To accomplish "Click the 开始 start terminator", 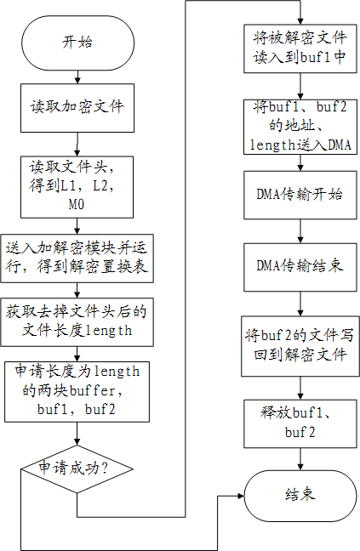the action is (77, 43).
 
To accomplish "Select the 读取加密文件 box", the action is (77, 108).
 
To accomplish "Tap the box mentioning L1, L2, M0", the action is (77, 187).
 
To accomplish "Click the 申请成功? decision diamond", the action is (77, 469).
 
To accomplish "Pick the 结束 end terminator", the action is (300, 496).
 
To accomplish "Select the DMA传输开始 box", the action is (300, 195).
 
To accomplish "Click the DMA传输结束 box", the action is (300, 267).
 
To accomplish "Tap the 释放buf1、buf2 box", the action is (300, 423).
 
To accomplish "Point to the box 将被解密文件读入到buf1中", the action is (300, 48).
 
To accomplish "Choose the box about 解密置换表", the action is (77, 258).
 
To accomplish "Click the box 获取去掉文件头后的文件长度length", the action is (77, 322).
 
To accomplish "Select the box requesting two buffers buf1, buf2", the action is (77, 392).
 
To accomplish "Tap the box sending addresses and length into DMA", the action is (300, 128).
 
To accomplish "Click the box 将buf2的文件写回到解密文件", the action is (300, 346).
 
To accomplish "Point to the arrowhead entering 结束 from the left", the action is (241, 496).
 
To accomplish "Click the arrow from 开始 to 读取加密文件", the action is (77, 77).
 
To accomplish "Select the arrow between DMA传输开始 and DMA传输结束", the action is (300, 231).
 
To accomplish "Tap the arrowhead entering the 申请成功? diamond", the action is (77, 442).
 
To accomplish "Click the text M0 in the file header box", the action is (77, 205).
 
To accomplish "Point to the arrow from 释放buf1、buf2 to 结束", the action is (300, 459).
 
